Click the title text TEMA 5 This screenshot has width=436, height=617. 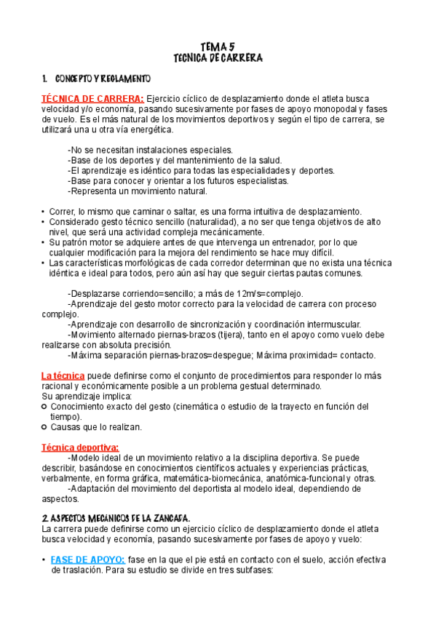coord(218,46)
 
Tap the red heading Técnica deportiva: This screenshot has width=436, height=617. coord(80,447)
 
